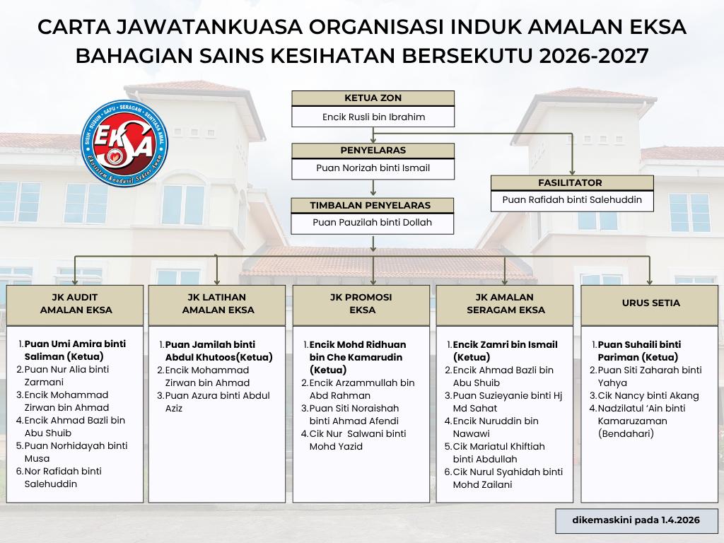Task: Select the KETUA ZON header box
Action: [x=373, y=98]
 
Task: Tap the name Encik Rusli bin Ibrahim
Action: [x=373, y=117]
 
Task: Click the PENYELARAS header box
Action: [x=373, y=151]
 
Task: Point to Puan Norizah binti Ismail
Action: [x=373, y=168]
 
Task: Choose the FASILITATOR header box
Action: [x=572, y=182]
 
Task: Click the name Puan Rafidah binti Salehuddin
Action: [x=572, y=200]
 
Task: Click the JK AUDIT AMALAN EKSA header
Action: [x=76, y=303]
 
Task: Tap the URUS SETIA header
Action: [x=650, y=303]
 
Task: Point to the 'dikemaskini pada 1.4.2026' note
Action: [x=636, y=520]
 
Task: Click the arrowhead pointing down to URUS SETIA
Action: [x=650, y=280]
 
